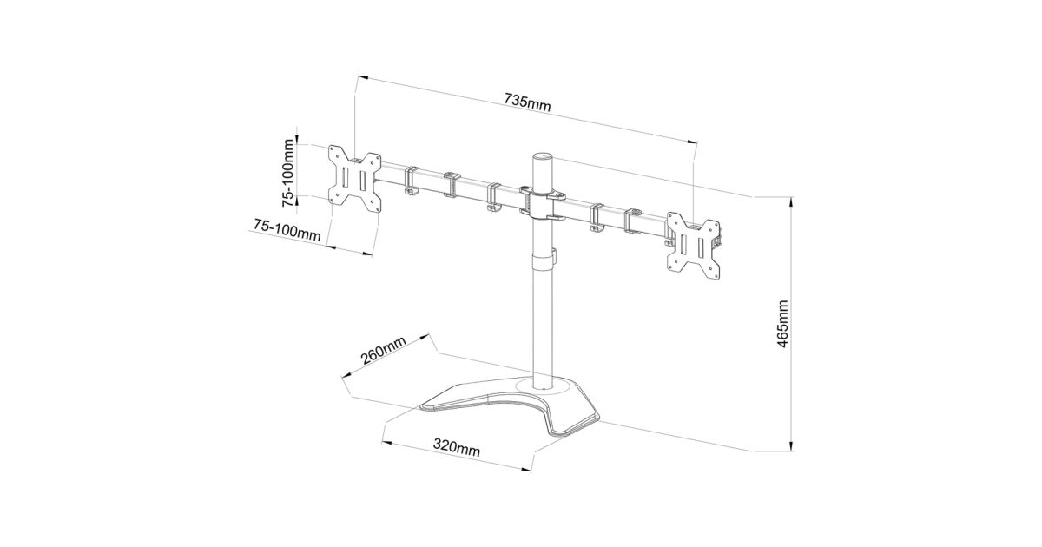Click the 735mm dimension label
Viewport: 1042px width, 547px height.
coord(528,102)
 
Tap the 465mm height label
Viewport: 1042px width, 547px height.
coord(782,324)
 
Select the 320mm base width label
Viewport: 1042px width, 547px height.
coord(457,447)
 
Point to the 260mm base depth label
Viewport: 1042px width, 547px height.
coord(383,350)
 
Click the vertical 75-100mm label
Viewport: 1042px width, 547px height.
coord(288,173)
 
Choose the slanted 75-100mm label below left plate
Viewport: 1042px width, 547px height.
coord(287,230)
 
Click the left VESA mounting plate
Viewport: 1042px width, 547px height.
coord(354,179)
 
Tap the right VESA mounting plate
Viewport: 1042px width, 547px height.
coord(694,246)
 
